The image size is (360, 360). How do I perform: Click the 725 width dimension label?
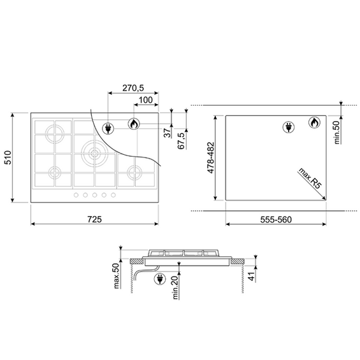tap(94, 219)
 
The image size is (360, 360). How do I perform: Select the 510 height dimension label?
tap(8, 157)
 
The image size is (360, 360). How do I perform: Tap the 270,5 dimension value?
tap(133, 88)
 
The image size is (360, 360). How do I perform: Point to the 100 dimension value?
tap(146, 100)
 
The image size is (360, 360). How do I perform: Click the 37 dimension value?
tap(168, 133)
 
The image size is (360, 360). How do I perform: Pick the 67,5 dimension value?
tap(182, 141)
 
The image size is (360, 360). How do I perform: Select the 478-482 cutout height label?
tap(210, 158)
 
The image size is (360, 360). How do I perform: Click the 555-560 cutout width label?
tap(276, 220)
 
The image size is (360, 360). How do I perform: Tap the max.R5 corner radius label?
tap(310, 178)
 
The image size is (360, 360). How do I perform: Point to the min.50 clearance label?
tap(337, 133)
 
